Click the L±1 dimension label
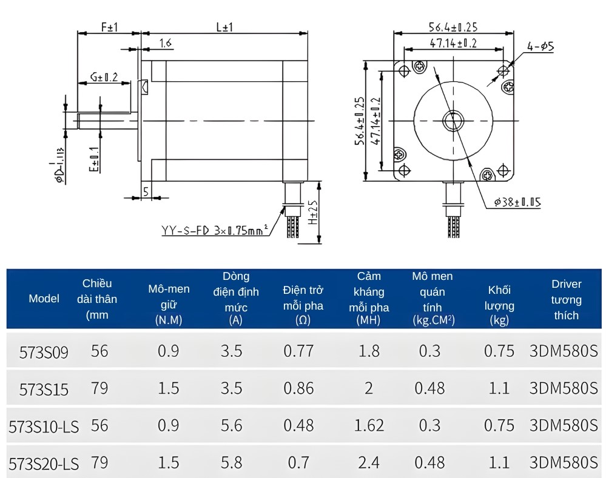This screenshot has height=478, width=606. point(224,27)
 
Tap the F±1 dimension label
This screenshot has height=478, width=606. point(109,27)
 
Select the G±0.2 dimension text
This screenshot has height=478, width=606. point(104,77)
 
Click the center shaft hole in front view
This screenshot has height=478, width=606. point(452,120)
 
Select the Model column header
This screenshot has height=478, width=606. point(44,298)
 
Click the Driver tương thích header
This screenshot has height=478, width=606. point(566,299)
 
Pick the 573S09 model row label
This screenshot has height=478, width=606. point(44,352)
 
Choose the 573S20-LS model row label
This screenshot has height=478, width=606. point(44,463)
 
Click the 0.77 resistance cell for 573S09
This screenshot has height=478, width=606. point(298,351)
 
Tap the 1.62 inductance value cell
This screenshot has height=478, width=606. point(369,425)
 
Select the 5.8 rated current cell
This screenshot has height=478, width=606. point(232,463)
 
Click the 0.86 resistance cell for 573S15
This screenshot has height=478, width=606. point(298,388)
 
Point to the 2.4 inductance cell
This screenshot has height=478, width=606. point(369,463)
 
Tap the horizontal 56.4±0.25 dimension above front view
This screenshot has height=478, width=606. point(453,27)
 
